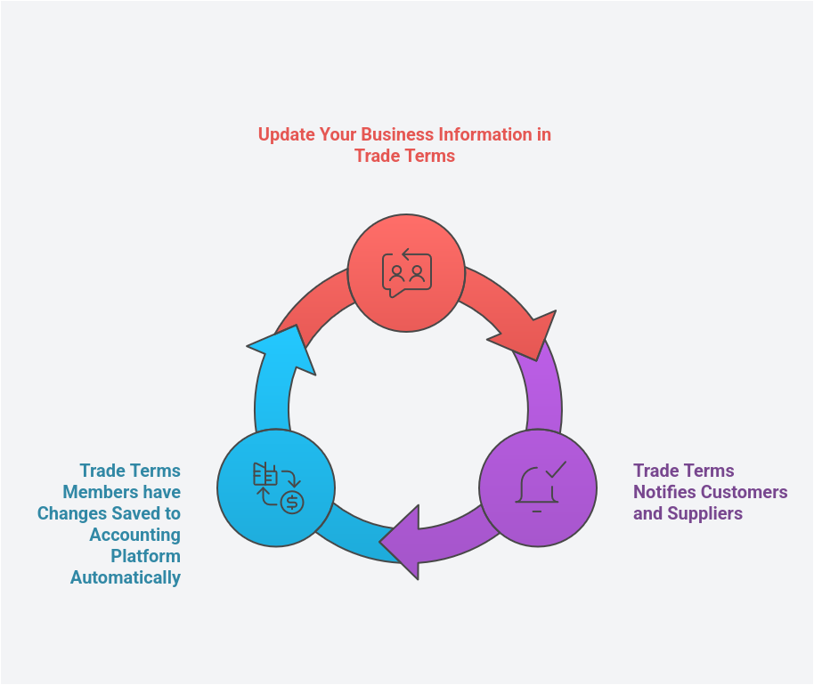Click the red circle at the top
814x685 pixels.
point(406,273)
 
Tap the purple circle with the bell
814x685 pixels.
point(537,488)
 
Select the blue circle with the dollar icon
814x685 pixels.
point(276,488)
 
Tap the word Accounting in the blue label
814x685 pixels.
point(135,535)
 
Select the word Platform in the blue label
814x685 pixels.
point(145,556)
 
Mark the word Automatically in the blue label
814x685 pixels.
point(126,577)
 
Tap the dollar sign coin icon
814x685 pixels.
point(292,502)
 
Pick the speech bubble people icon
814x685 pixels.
point(406,273)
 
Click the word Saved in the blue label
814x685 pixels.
point(134,513)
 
